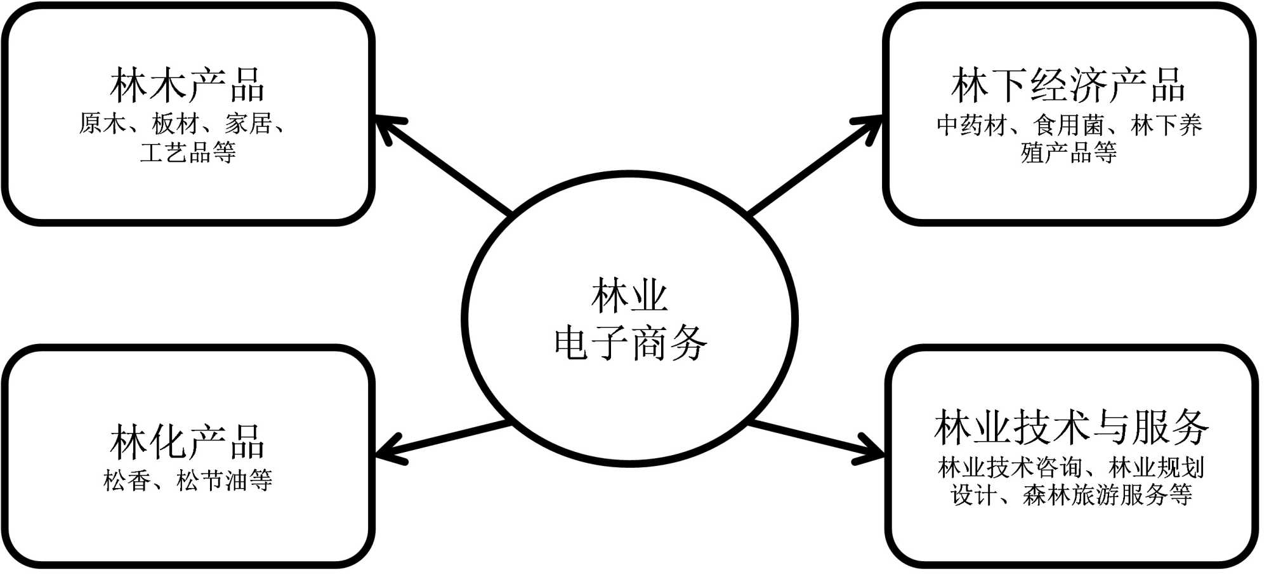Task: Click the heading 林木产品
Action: tap(187, 86)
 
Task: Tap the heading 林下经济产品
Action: tap(1068, 86)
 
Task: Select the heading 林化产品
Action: tap(187, 442)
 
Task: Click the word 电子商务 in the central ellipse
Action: tap(630, 343)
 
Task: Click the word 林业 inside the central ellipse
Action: tap(629, 296)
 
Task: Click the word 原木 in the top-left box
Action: tap(102, 124)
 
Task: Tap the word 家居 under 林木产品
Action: tap(248, 124)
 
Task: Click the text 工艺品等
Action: tap(188, 152)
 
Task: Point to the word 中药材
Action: tap(973, 125)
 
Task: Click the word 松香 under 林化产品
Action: tap(127, 481)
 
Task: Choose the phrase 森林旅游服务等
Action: tap(1108, 495)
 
